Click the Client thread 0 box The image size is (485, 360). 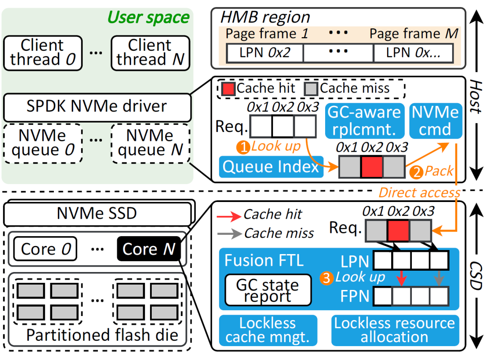tap(43, 53)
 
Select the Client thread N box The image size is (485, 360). tap(150, 53)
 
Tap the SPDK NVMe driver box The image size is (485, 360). tap(96, 106)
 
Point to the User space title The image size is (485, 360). tap(149, 17)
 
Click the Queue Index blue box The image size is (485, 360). tap(271, 167)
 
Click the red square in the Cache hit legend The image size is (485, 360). tap(228, 88)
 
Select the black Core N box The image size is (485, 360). tap(148, 249)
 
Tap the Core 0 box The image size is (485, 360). tap(45, 249)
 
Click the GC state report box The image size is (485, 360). tap(268, 290)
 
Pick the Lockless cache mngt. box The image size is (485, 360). tap(268, 330)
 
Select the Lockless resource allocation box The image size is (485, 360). tap(395, 330)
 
